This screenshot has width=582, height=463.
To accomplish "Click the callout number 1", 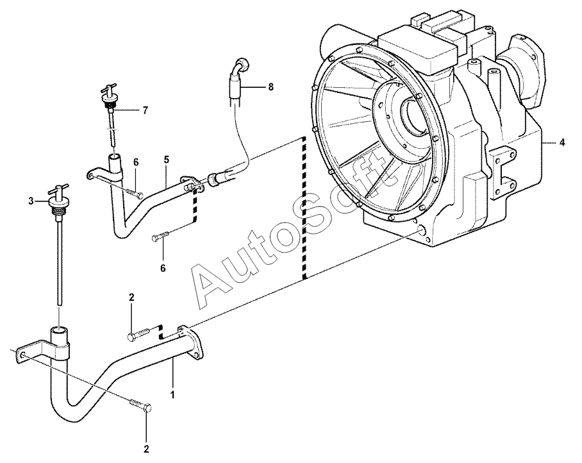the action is pos(172,393).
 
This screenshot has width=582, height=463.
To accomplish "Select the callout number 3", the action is pos(31,201).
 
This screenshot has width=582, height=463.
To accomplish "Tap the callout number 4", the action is pos(562,142).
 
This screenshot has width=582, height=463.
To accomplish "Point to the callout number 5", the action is pos(166,160).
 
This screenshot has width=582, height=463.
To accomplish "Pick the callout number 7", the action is pos(145,110).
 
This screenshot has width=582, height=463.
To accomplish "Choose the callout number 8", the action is pos(270,87).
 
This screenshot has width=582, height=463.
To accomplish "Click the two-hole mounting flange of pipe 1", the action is pos(190,342).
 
